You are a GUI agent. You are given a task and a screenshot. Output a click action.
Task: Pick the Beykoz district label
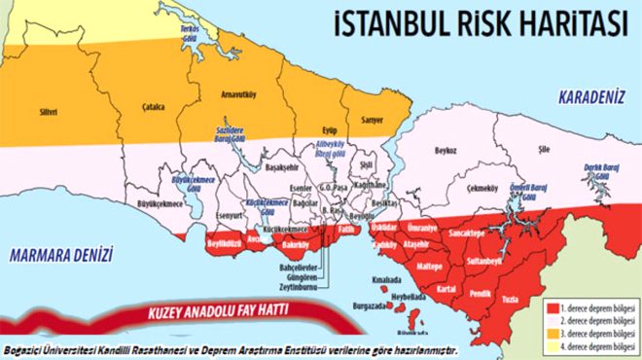coord(446,151)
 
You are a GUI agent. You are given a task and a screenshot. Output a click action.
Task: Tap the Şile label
coord(557,150)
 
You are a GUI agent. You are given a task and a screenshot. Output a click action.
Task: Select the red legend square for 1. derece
coord(550,304)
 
